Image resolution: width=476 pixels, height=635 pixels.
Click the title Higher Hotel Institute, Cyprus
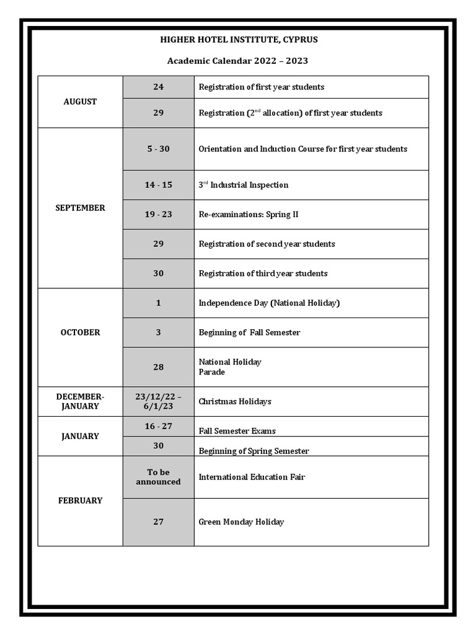tap(239, 40)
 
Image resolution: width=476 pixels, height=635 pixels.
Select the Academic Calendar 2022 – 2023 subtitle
tap(237, 61)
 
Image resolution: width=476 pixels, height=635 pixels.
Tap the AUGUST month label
tap(80, 102)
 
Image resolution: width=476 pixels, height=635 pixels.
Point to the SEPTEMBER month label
tap(80, 208)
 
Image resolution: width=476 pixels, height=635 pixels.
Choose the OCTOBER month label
tap(80, 332)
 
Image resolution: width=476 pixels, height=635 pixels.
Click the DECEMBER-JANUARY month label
tap(80, 401)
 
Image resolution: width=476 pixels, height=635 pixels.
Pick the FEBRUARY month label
tap(80, 500)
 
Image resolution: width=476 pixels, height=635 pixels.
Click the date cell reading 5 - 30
tap(158, 149)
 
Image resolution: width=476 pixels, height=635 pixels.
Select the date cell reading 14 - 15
tap(158, 185)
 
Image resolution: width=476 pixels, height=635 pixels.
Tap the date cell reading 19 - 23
tap(158, 215)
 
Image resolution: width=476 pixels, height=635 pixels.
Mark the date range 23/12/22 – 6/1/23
tap(158, 401)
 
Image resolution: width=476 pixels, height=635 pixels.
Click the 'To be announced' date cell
tap(158, 477)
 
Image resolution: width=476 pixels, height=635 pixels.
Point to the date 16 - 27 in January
tap(158, 426)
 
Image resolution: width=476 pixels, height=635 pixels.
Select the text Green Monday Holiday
tap(241, 522)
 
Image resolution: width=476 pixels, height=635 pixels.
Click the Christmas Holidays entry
tap(235, 402)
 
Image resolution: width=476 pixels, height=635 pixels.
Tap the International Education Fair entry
tap(252, 477)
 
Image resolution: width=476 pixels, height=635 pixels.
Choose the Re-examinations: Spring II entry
tap(249, 215)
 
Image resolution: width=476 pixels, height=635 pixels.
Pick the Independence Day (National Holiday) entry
tap(269, 303)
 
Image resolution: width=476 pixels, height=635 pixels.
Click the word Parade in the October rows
tap(212, 372)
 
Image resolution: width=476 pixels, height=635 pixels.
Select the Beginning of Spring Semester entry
tap(253, 451)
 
